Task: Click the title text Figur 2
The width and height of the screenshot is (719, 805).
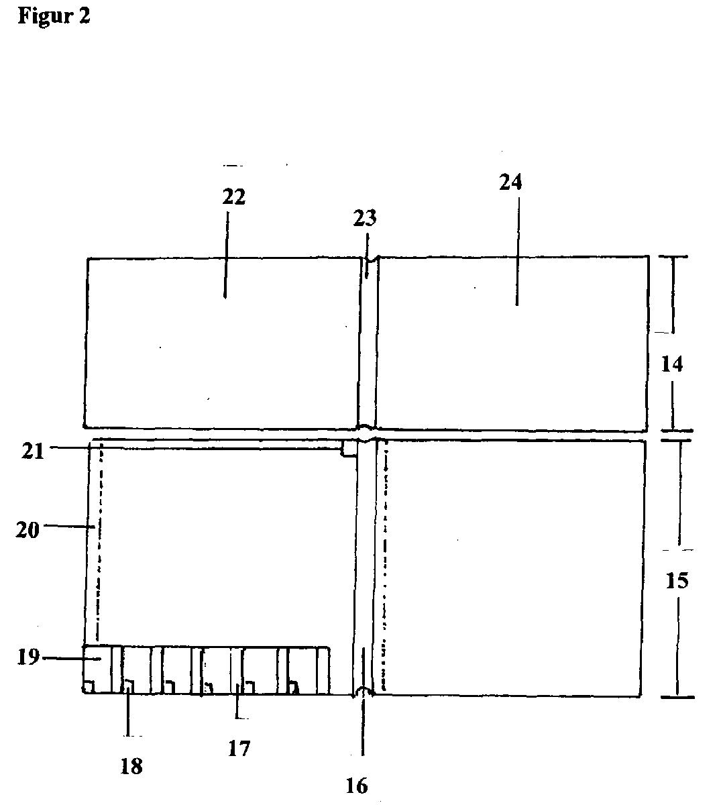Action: point(54,16)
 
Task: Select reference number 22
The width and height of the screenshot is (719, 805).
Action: point(234,197)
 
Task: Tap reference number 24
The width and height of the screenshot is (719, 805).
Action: point(510,182)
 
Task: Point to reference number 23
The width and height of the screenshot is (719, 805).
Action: point(366,218)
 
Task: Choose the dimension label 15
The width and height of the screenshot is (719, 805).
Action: point(677,580)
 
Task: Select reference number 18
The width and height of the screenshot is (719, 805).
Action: point(131,766)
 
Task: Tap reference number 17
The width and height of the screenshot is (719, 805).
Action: point(239,748)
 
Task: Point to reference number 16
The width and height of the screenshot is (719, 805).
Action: point(357,786)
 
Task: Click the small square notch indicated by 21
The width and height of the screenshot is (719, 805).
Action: point(349,448)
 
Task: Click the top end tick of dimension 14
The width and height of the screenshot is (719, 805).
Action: point(673,257)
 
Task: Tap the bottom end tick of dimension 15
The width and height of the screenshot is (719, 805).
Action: point(677,697)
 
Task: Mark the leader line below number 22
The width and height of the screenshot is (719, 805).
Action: point(225,255)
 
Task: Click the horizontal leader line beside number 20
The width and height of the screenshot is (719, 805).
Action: point(67,527)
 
